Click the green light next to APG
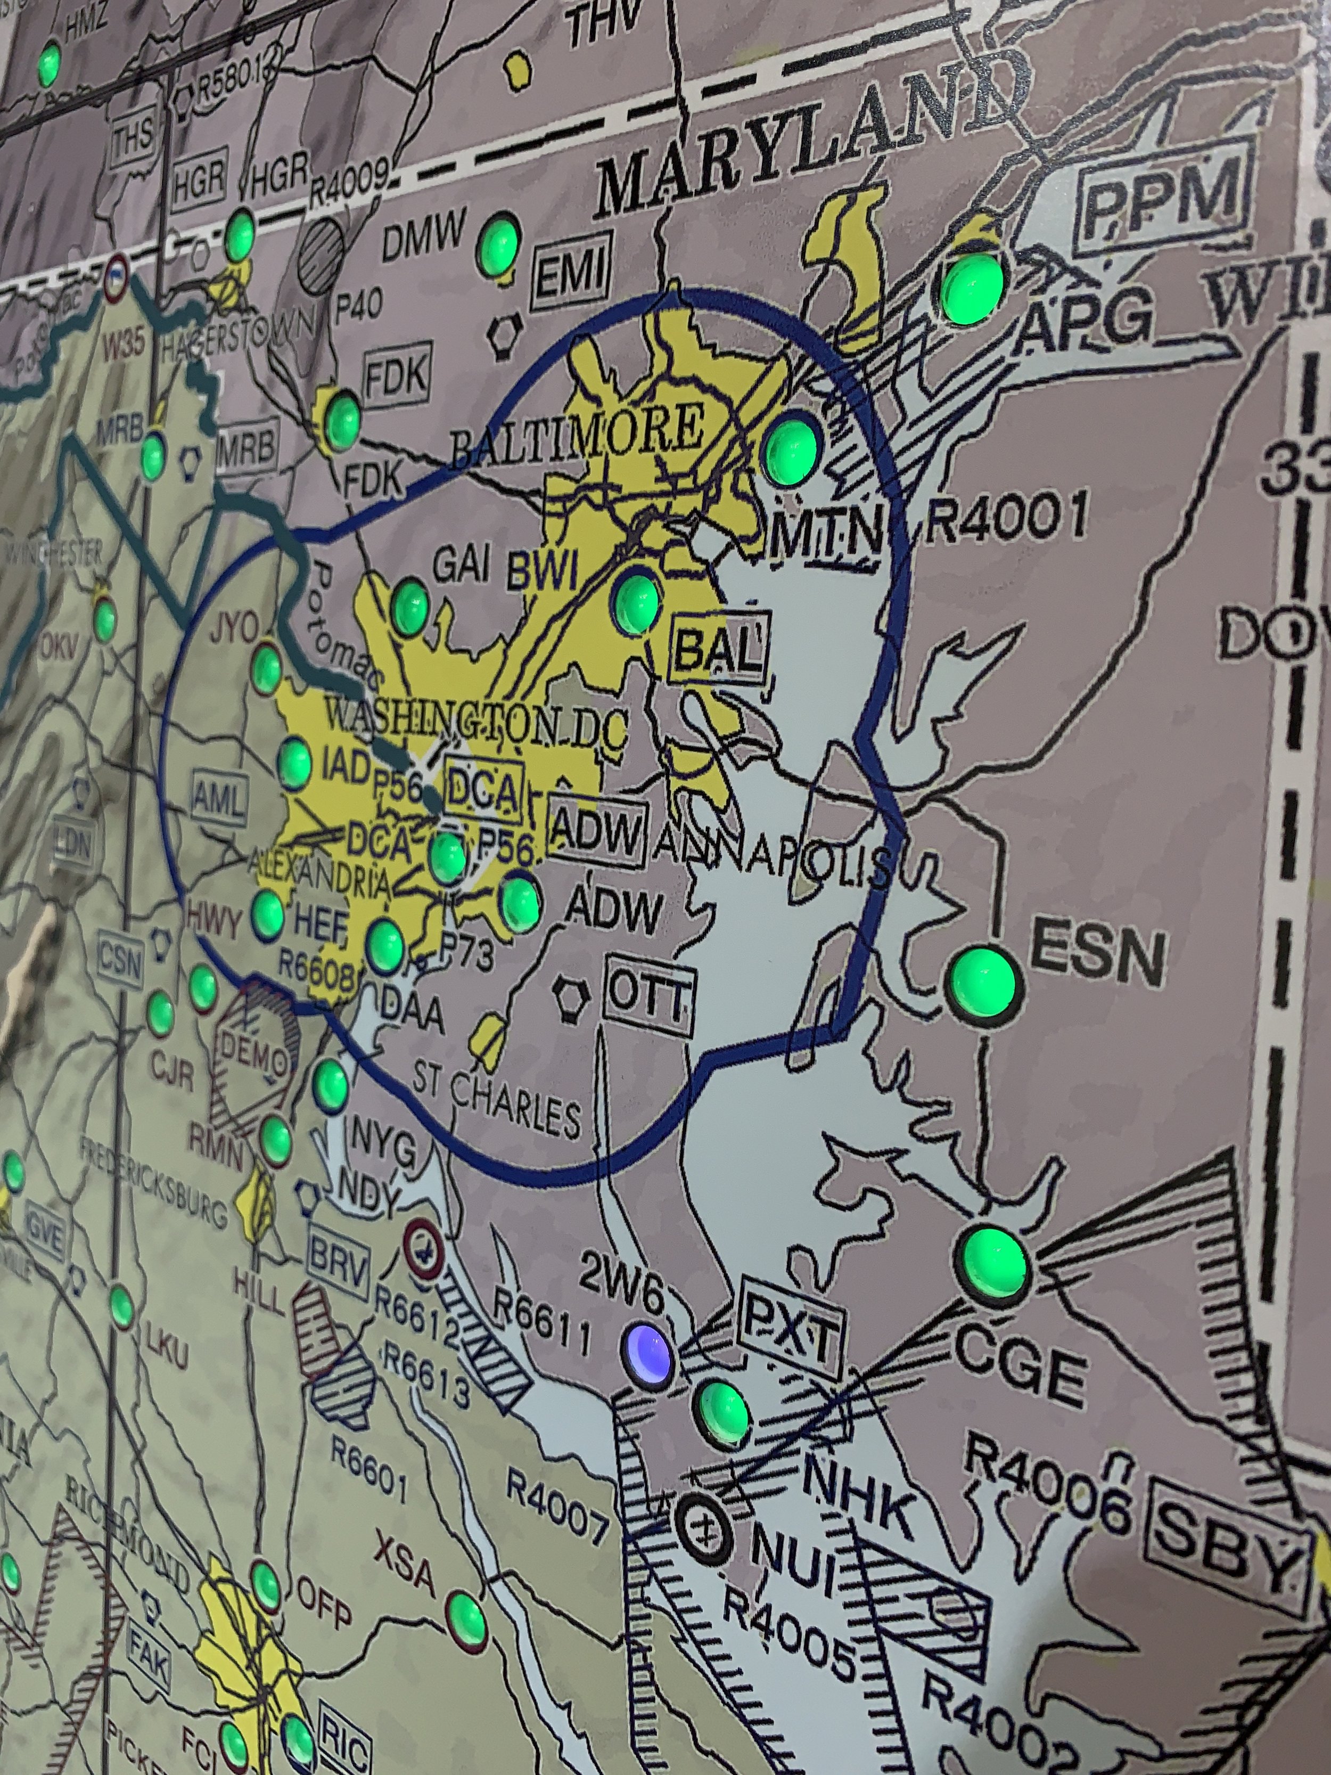click(x=972, y=285)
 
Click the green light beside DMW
click(x=498, y=242)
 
